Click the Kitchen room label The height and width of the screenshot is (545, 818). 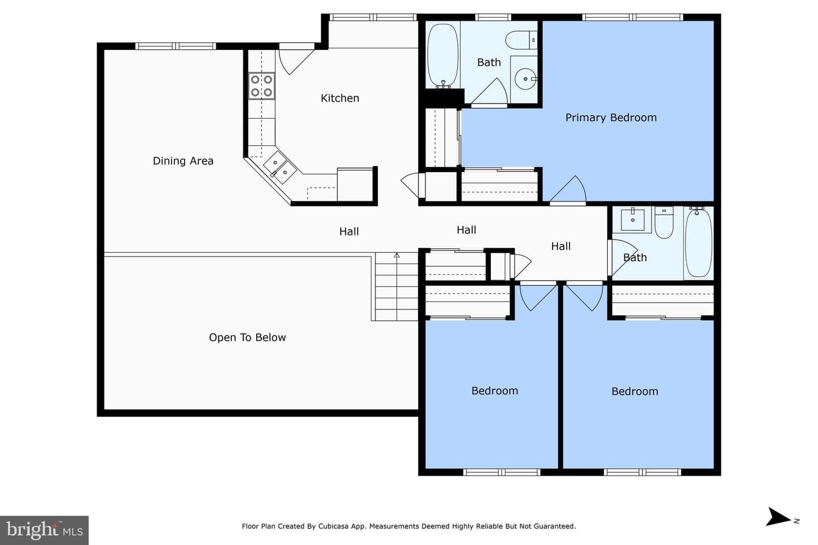[x=340, y=98]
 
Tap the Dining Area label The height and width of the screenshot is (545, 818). [x=183, y=161]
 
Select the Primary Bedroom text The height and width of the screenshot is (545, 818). [x=611, y=118]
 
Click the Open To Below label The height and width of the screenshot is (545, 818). [x=247, y=338]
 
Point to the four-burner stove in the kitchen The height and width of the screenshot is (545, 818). [x=261, y=86]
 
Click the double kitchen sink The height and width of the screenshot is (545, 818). [x=279, y=167]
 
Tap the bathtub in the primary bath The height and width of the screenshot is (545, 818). [x=443, y=56]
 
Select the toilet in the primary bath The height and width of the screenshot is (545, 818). [x=521, y=40]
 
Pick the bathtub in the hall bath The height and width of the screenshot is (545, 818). [x=698, y=243]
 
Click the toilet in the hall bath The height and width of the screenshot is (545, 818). [x=664, y=223]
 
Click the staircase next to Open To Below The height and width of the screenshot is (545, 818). [x=397, y=287]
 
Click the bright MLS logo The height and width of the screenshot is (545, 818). [x=44, y=530]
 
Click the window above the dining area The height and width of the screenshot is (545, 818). [x=176, y=46]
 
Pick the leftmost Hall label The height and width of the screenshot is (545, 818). [x=349, y=232]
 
